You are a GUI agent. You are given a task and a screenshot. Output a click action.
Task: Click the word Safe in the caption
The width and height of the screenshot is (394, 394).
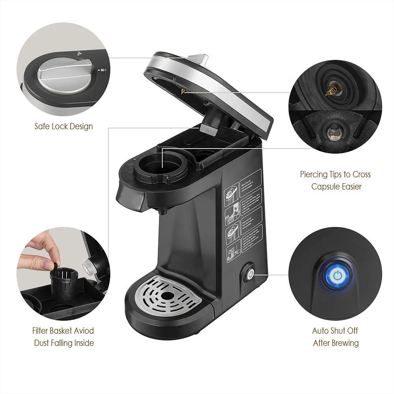point(42,126)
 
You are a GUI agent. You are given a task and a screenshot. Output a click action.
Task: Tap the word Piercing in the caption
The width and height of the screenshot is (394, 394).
point(314,174)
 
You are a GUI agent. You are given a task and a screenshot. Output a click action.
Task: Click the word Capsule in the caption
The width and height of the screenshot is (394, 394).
point(325,186)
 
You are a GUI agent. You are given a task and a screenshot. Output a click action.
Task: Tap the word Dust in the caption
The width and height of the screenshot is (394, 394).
point(41,343)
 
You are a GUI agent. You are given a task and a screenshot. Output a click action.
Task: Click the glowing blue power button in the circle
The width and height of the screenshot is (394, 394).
point(337,275)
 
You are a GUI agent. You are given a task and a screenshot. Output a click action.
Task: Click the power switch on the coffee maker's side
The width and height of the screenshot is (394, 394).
point(249,274)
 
